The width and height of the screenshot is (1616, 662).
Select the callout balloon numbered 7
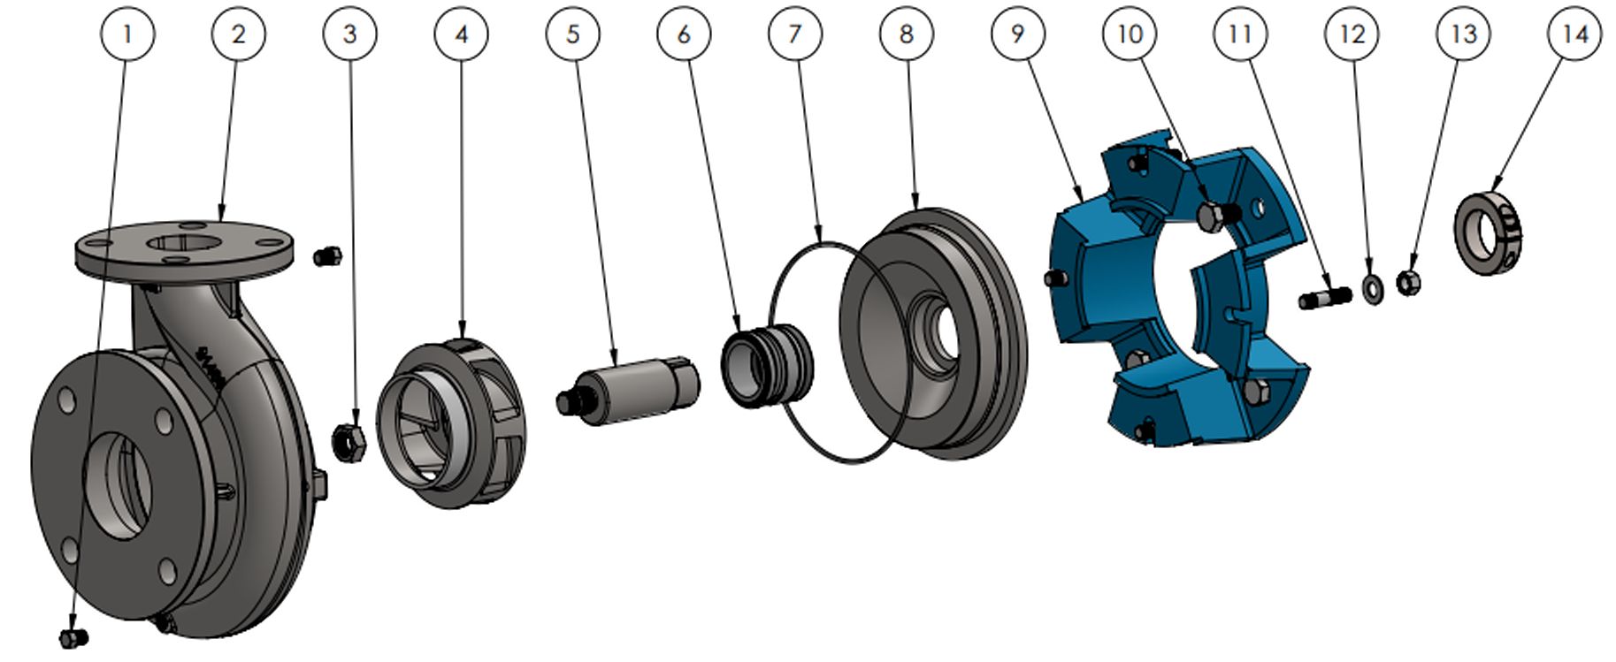tap(795, 34)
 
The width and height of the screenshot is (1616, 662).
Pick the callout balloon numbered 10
tap(1130, 34)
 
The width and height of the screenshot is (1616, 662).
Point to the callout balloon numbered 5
tap(573, 34)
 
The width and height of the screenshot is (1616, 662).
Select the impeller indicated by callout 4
tap(450, 423)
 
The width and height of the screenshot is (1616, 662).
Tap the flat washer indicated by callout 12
tap(1374, 288)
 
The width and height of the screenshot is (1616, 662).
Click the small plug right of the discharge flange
tap(327, 256)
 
